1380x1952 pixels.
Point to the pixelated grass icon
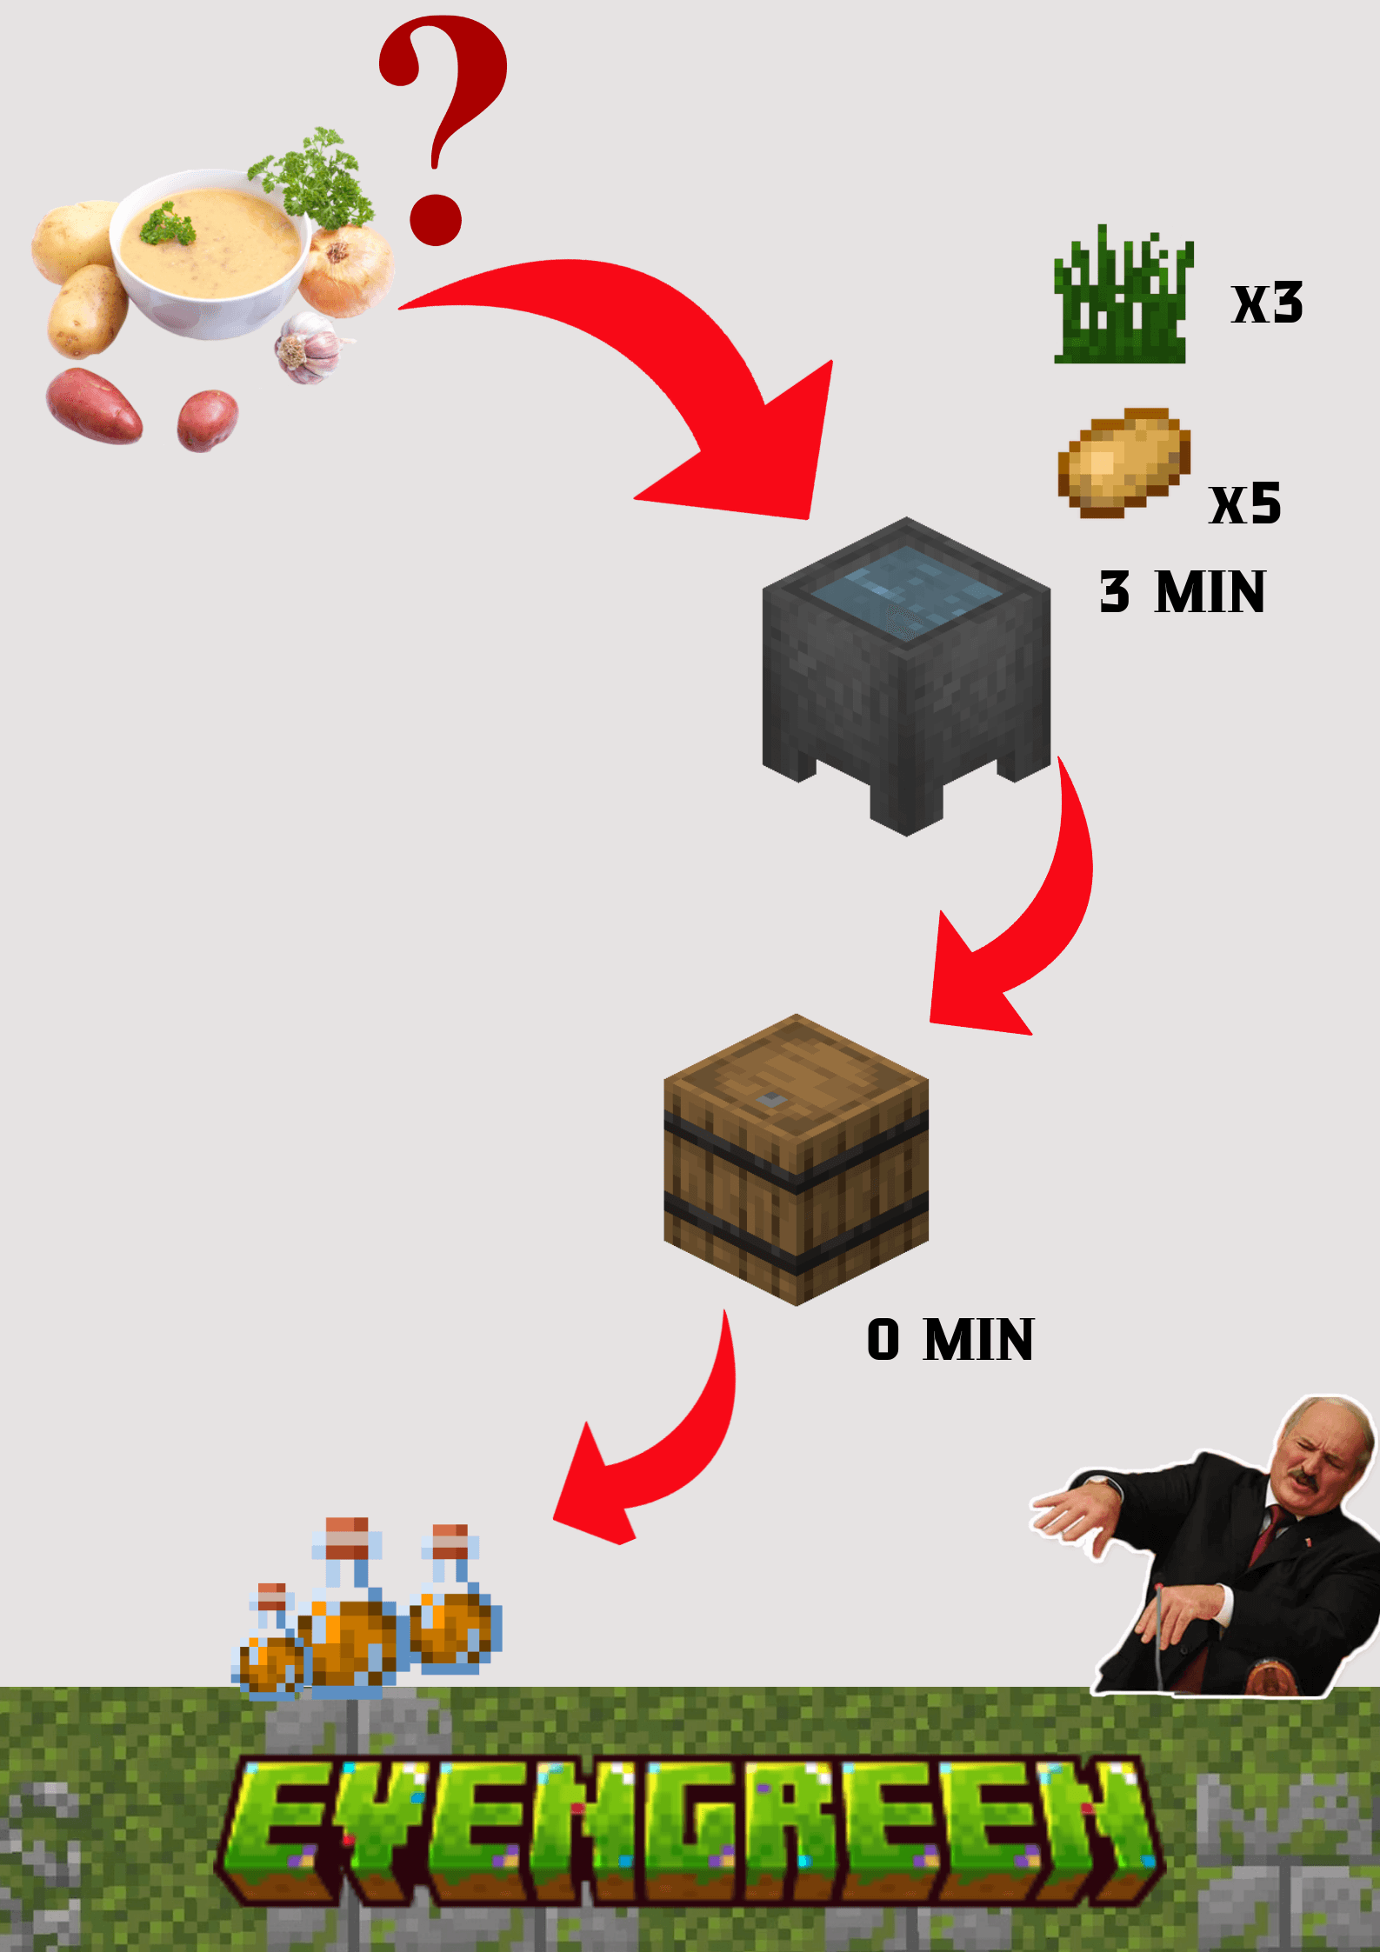[x=1123, y=300]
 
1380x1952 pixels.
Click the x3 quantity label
[x=1268, y=303]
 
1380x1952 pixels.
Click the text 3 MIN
[x=1183, y=592]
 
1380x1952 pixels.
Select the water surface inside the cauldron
[x=905, y=591]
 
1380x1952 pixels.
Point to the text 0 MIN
[x=950, y=1339]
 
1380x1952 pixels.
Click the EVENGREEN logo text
[x=691, y=1826]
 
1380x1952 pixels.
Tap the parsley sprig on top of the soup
[x=168, y=224]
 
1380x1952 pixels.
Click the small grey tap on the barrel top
[x=770, y=1101]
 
